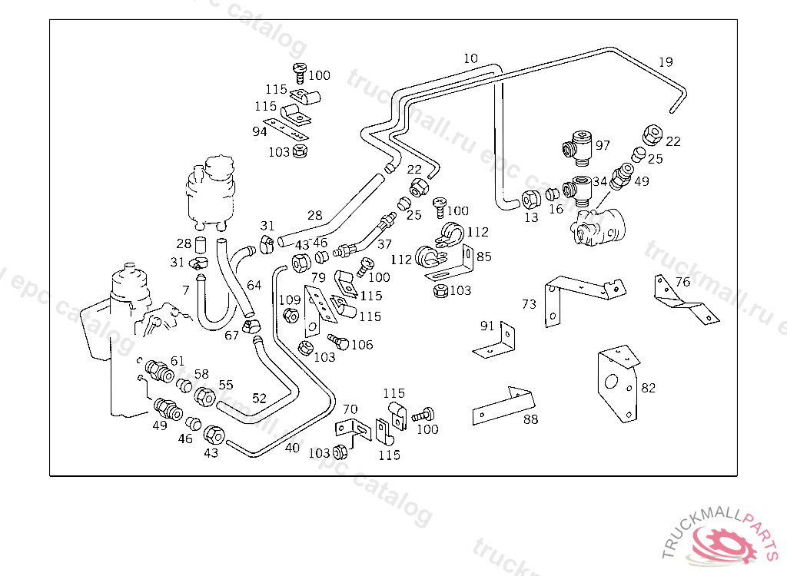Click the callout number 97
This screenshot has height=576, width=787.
[x=603, y=145]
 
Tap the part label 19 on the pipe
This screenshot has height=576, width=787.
[x=666, y=62]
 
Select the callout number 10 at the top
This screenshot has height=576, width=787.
[x=470, y=58]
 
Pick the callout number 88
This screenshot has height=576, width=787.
[x=530, y=419]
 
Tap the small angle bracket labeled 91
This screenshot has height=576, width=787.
[x=495, y=343]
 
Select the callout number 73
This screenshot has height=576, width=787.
[x=529, y=304]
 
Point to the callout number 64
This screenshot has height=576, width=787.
[x=254, y=285]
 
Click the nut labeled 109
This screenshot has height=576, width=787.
[x=291, y=316]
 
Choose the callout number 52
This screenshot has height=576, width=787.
[x=259, y=398]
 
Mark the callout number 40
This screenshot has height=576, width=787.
[x=292, y=448]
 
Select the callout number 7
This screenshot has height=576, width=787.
[x=185, y=290]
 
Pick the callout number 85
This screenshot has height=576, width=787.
[x=483, y=257]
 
